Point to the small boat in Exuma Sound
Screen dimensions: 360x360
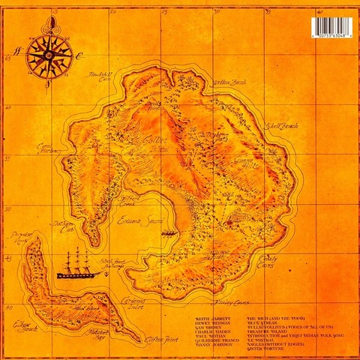point(169,234)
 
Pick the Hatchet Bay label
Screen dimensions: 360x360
point(97,334)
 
